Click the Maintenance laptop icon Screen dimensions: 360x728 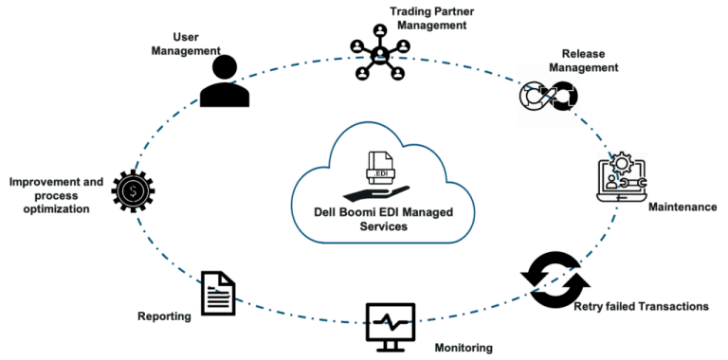click(x=619, y=175)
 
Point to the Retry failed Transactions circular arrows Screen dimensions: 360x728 click(x=555, y=280)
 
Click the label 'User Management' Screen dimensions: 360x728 click(x=185, y=44)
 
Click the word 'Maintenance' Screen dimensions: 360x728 click(x=682, y=205)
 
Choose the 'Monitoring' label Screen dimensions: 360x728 click(x=464, y=348)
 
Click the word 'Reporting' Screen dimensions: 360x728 click(x=164, y=316)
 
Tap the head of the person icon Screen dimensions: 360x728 click(x=226, y=65)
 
